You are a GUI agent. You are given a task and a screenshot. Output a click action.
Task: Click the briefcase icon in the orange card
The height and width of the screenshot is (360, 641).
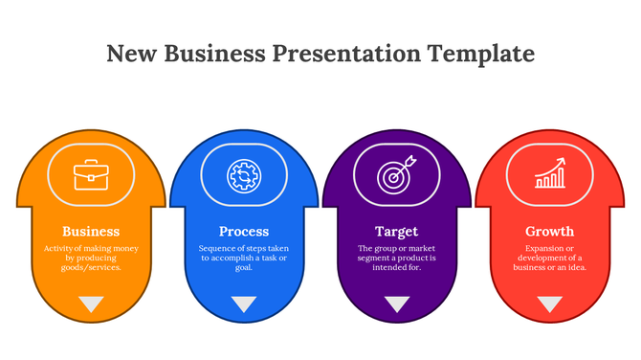[x=91, y=175]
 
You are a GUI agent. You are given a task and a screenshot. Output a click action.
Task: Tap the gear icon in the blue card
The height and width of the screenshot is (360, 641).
[x=243, y=175]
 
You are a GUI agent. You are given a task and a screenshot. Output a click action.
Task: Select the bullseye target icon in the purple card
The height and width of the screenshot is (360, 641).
[x=396, y=175]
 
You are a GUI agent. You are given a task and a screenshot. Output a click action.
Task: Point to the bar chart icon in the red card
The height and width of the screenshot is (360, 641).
[x=549, y=174]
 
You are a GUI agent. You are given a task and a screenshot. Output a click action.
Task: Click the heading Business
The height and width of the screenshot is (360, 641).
[x=91, y=232]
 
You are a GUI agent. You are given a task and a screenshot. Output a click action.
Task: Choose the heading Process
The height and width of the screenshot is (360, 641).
[x=244, y=232]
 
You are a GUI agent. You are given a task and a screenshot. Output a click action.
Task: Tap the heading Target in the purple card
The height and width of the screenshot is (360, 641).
[x=396, y=232]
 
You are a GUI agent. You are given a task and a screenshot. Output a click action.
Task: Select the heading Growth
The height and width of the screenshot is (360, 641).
[x=549, y=232]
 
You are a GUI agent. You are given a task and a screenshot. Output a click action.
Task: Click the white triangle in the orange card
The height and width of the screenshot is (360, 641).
[x=91, y=304]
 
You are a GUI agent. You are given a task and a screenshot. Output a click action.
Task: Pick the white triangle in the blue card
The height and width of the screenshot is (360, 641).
[x=244, y=304]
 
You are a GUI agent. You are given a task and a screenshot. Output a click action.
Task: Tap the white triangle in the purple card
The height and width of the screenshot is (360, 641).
[x=396, y=304]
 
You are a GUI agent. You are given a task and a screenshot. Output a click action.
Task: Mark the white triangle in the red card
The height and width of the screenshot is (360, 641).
[x=549, y=304]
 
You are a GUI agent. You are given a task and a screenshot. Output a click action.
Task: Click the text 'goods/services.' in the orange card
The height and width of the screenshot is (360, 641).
[x=91, y=268]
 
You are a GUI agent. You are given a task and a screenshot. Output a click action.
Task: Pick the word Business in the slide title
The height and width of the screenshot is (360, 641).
[x=212, y=53]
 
